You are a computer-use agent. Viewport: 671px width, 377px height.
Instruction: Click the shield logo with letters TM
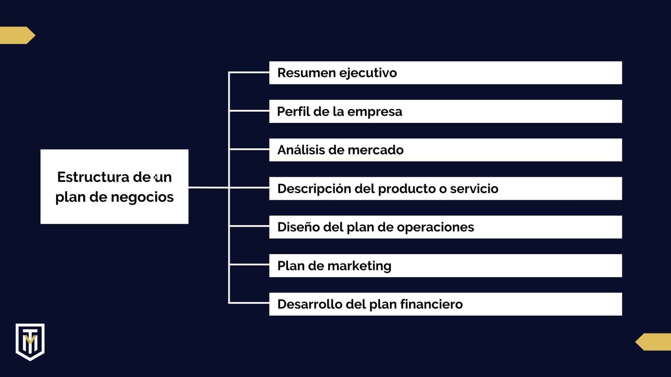tap(30, 341)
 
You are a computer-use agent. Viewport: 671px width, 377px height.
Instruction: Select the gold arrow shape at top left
tap(17, 35)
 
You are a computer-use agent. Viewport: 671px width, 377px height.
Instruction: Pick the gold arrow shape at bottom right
tap(654, 342)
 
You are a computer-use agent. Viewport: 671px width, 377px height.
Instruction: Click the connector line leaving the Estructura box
tap(208, 188)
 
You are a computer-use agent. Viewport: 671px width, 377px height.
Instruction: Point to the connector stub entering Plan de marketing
tap(249, 265)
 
